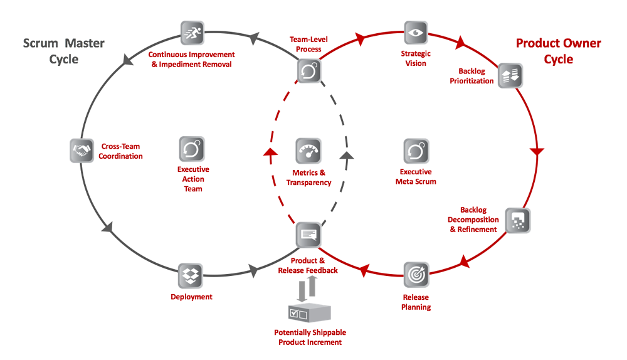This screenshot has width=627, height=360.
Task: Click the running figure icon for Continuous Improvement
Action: click(192, 33)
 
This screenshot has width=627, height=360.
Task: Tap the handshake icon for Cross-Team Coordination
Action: click(82, 151)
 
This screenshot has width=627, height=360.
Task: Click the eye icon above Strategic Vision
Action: click(415, 33)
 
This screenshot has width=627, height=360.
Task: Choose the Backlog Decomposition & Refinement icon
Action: click(518, 220)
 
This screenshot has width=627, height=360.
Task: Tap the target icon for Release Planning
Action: click(416, 274)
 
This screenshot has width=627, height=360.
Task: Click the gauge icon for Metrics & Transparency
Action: click(308, 151)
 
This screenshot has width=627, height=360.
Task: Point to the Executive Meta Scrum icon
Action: click(416, 151)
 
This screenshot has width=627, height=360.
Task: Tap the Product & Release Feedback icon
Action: click(308, 235)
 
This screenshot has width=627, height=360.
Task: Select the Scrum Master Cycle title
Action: click(64, 51)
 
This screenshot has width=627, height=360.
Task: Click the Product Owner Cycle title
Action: click(558, 51)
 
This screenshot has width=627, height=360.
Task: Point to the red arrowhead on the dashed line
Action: click(270, 154)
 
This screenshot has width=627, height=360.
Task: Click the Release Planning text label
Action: click(416, 302)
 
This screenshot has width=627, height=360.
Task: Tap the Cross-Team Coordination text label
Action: click(120, 151)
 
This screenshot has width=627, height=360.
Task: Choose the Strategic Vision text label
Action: click(416, 58)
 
